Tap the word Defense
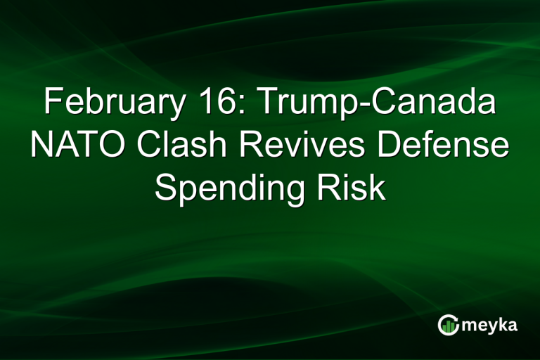429,146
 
